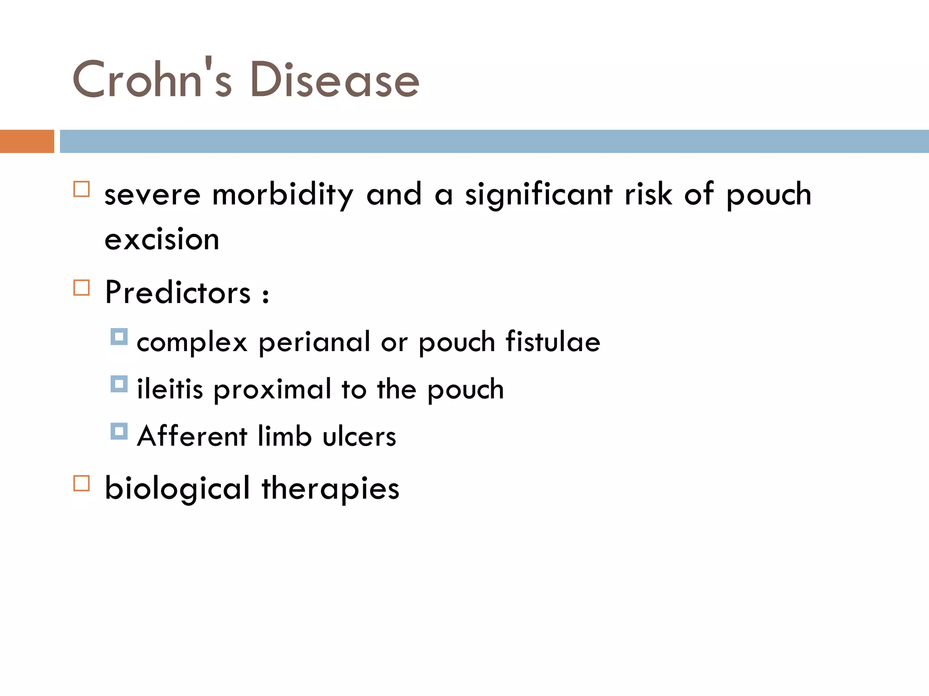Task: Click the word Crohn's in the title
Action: click(x=152, y=79)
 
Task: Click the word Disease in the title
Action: click(x=335, y=80)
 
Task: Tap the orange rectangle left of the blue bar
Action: click(x=27, y=141)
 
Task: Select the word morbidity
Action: click(x=282, y=194)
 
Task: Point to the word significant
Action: click(x=538, y=194)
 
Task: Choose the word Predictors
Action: click(x=177, y=292)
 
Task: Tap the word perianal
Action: click(x=314, y=342)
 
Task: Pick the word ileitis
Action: click(x=170, y=389)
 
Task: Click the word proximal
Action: click(x=272, y=390)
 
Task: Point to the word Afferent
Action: click(x=192, y=436)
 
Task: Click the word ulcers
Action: click(x=359, y=436)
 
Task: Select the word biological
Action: click(x=177, y=488)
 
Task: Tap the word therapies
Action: click(x=330, y=488)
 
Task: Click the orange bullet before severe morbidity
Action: click(x=82, y=189)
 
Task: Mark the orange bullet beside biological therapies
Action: click(x=82, y=483)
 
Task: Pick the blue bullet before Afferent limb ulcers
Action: click(x=119, y=431)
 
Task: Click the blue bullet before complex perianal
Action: click(x=119, y=337)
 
